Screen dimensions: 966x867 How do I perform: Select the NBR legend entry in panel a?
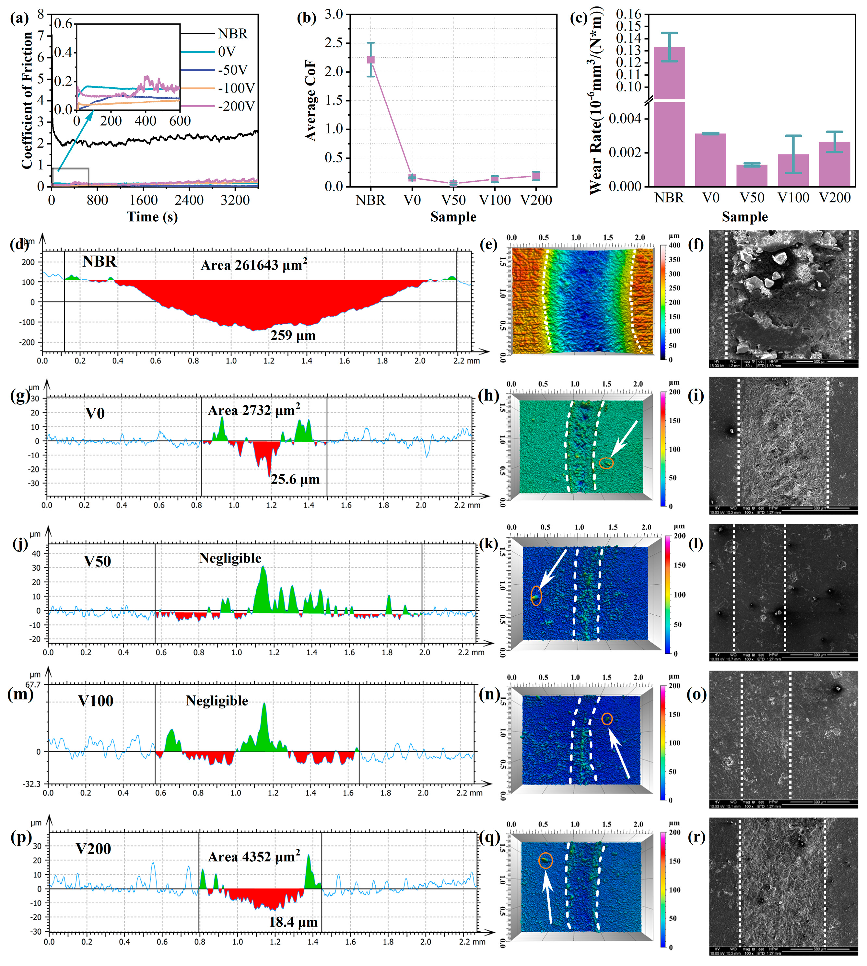(232, 34)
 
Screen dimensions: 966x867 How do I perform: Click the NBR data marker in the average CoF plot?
(370, 60)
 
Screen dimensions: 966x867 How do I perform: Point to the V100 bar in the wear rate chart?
(793, 170)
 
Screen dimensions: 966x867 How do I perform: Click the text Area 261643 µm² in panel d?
(253, 265)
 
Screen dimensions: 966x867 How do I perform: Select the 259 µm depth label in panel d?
(293, 335)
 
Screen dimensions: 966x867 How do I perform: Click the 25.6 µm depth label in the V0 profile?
(295, 479)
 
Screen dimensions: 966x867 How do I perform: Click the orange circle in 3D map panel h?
(606, 462)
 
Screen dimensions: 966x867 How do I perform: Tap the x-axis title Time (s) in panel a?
(152, 217)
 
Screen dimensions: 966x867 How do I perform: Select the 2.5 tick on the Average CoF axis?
(334, 43)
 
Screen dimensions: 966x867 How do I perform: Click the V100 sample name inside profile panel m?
(96, 701)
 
